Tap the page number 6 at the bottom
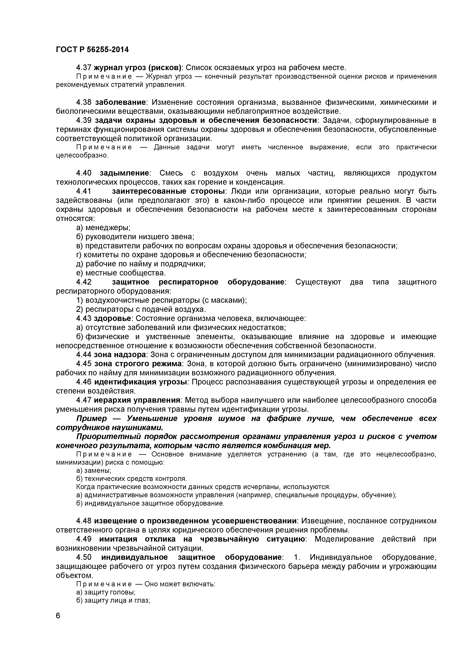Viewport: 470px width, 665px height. pyautogui.click(x=58, y=624)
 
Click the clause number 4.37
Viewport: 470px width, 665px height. pyautogui.click(x=84, y=68)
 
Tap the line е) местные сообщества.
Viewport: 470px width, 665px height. pyautogui.click(x=121, y=273)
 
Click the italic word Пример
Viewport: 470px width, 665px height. pyautogui.click(x=92, y=419)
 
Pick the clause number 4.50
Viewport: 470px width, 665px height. pyautogui.click(x=84, y=557)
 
